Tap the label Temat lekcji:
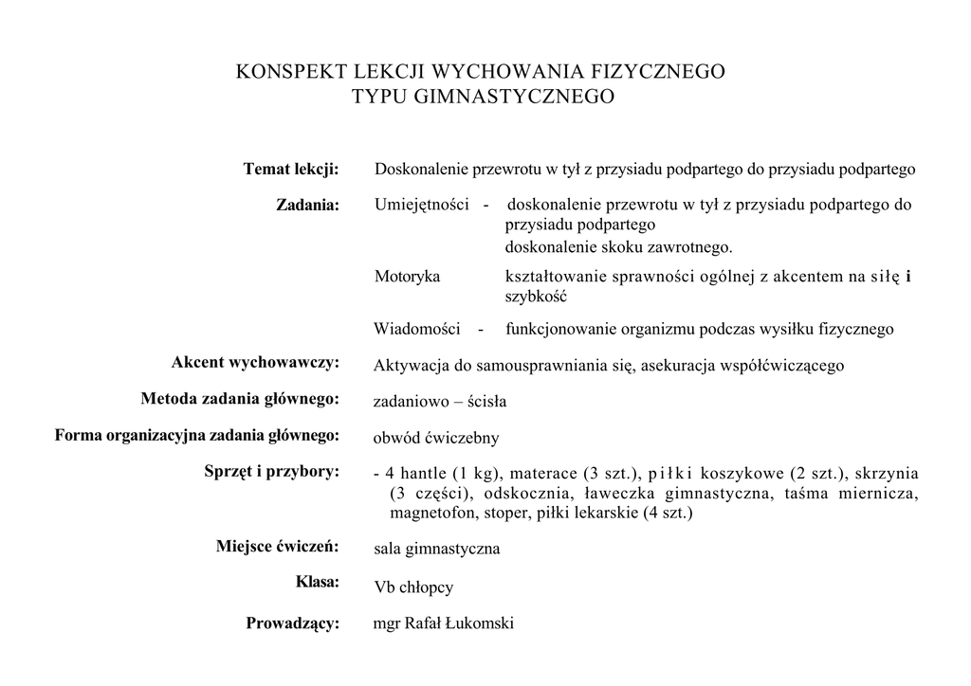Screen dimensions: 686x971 pos(291,170)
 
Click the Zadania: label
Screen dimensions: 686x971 pos(307,205)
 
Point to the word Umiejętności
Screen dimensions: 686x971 pos(423,205)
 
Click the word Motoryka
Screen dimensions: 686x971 pos(408,277)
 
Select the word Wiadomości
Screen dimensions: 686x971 pos(417,330)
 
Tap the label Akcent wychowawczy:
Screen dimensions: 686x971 pos(255,363)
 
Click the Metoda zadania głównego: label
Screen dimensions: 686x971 pos(240,399)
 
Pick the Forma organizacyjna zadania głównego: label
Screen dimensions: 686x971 pos(197,436)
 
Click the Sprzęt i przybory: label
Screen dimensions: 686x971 pos(272,472)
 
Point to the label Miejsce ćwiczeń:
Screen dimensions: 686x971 pos(278,547)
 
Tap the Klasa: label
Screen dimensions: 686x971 pos(318,583)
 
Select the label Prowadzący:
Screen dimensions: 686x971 pos(293,623)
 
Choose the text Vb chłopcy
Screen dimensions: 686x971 pos(413,587)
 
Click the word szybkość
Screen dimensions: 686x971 pos(536,296)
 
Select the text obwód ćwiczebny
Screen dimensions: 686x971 pos(436,438)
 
